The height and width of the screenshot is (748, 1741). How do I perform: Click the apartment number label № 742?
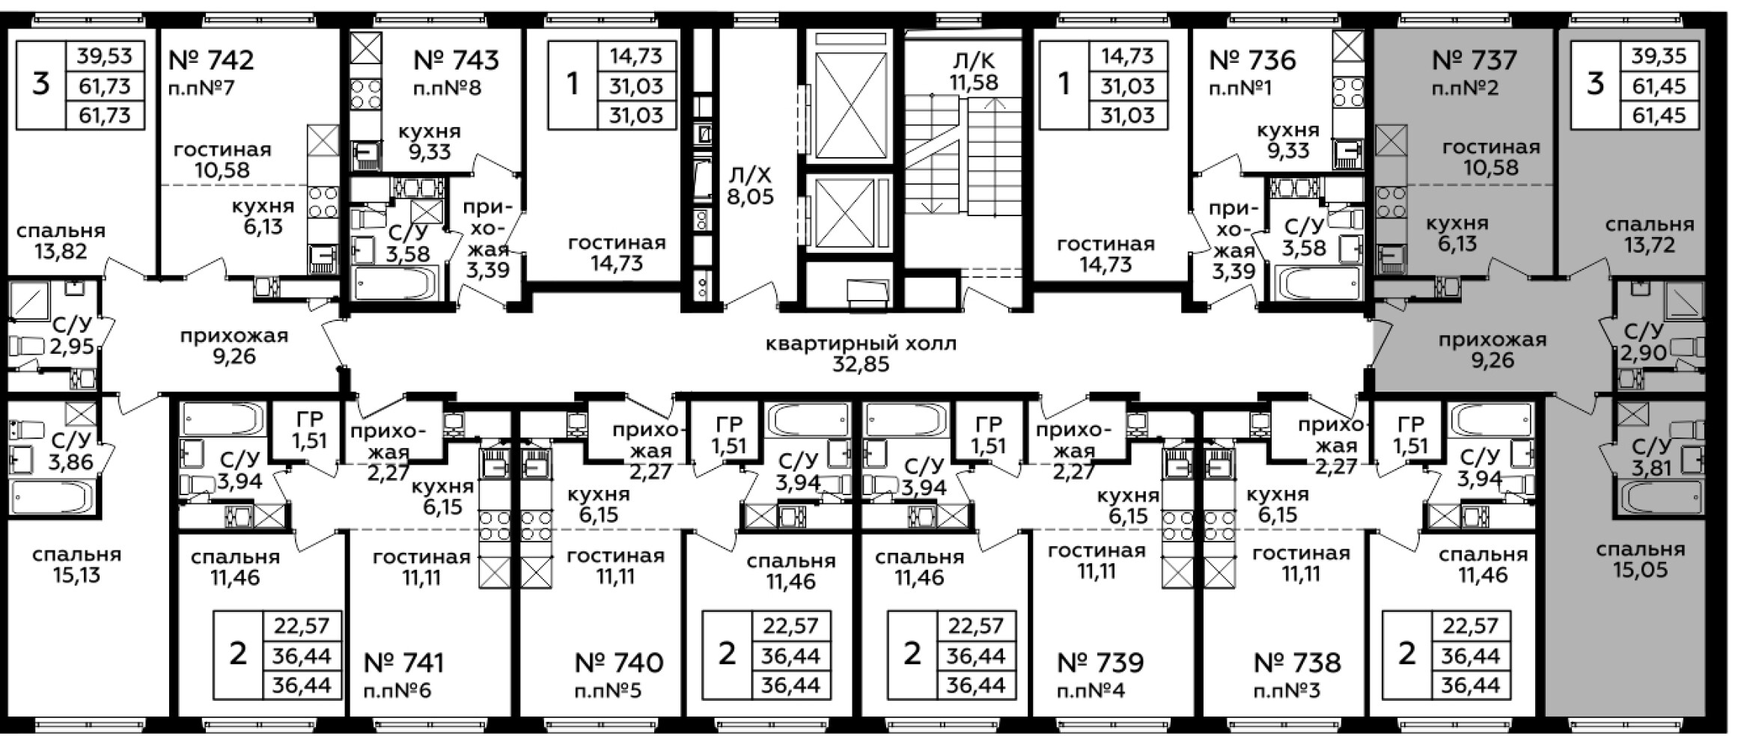[212, 60]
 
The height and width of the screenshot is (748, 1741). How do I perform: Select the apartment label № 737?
[1474, 60]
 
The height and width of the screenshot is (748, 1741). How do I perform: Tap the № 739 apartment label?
[1100, 663]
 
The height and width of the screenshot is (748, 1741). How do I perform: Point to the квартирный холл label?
[861, 344]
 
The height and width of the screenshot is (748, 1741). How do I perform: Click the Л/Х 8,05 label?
[750, 186]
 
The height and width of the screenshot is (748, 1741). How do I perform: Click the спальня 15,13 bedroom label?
[76, 565]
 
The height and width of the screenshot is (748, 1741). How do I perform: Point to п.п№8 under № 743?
[448, 88]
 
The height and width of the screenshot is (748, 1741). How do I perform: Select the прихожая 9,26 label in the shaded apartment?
[1492, 350]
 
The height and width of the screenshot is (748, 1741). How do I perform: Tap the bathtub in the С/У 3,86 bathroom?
[52, 495]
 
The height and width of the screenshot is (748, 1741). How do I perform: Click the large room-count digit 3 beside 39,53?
[41, 84]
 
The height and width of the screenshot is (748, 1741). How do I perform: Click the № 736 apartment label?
[1253, 60]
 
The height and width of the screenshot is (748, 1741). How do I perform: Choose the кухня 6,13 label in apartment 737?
[1457, 233]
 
